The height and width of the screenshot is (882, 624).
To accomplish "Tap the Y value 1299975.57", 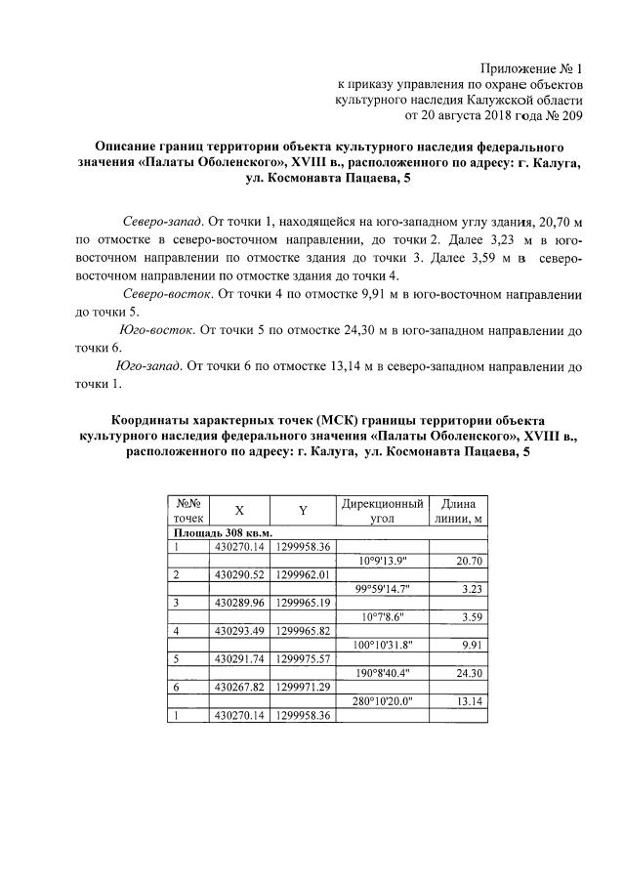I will point(304,659).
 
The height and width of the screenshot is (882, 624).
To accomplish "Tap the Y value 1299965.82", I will point(304,631).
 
